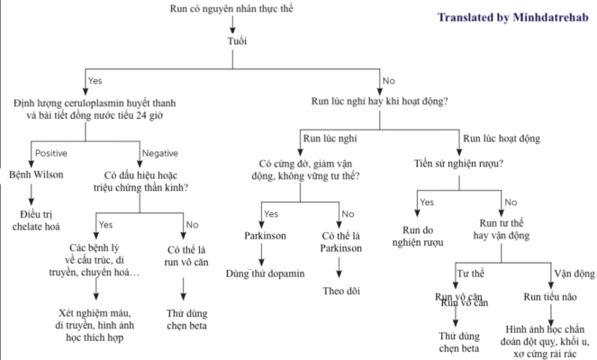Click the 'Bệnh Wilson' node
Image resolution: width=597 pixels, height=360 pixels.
tap(37, 174)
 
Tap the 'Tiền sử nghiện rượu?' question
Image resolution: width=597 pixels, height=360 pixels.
tap(459, 163)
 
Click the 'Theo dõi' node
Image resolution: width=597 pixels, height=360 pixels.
tap(339, 291)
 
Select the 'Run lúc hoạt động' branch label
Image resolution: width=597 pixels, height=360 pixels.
tap(501, 139)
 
